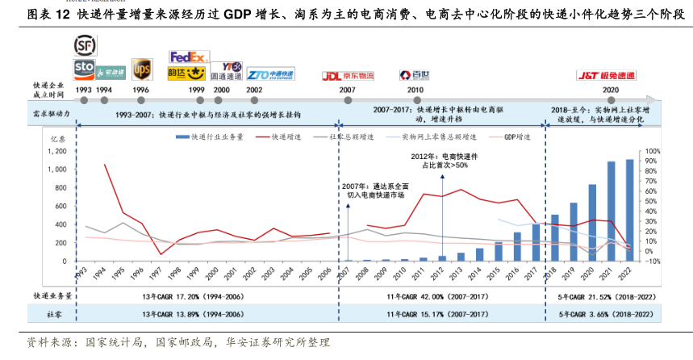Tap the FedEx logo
click(188, 57)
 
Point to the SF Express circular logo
click(84, 45)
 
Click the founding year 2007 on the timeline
click(347, 90)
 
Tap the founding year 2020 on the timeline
click(611, 90)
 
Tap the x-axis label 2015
click(497, 273)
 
